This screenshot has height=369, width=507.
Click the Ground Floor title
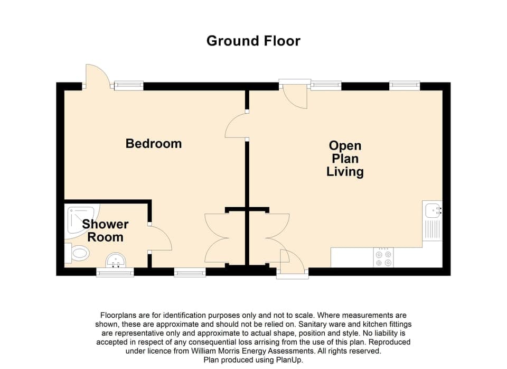click(253, 41)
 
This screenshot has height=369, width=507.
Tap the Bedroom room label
click(153, 143)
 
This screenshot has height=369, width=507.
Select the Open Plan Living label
click(345, 158)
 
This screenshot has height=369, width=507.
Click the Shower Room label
click(105, 230)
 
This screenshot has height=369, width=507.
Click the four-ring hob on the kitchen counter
click(383, 257)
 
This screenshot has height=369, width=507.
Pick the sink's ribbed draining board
click(433, 230)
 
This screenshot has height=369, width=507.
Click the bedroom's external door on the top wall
click(97, 77)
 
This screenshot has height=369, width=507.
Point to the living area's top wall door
click(294, 94)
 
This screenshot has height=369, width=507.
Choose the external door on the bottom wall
click(292, 262)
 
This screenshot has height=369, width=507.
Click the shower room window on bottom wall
click(115, 272)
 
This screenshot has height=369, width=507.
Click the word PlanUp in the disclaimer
click(289, 359)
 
